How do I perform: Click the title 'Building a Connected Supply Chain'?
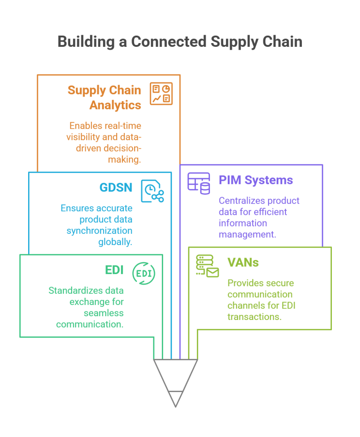(x=180, y=41)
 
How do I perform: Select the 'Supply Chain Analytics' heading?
(x=105, y=97)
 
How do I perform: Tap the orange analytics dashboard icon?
(x=161, y=93)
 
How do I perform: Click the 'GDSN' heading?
(x=116, y=188)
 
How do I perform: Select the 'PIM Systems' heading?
(x=255, y=180)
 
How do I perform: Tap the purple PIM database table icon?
(x=199, y=183)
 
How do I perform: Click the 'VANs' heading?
(x=243, y=262)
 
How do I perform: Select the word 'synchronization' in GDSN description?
(x=103, y=230)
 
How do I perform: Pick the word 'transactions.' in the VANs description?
(x=254, y=317)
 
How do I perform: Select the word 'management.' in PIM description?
(x=247, y=234)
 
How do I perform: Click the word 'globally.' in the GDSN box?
(x=115, y=242)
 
